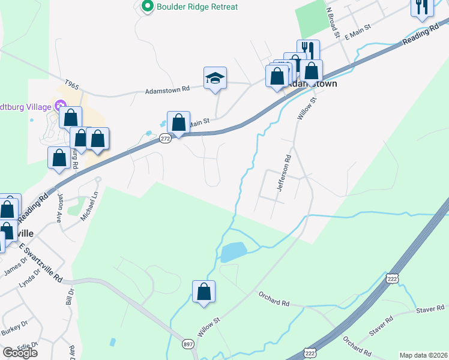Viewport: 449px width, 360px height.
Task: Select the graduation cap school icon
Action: pyautogui.click(x=215, y=78)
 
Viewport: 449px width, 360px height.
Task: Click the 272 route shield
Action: pyautogui.click(x=166, y=139)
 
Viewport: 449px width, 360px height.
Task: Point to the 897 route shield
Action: pyautogui.click(x=188, y=344)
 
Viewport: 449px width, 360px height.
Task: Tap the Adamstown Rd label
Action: pyautogui.click(x=167, y=89)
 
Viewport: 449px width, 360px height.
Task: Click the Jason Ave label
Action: pyautogui.click(x=60, y=208)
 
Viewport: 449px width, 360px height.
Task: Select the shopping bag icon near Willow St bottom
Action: pyautogui.click(x=203, y=292)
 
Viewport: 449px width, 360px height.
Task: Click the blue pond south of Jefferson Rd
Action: pyautogui.click(x=233, y=252)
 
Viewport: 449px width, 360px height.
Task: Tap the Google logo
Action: pyautogui.click(x=20, y=353)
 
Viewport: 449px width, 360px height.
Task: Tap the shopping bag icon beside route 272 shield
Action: pyautogui.click(x=178, y=122)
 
